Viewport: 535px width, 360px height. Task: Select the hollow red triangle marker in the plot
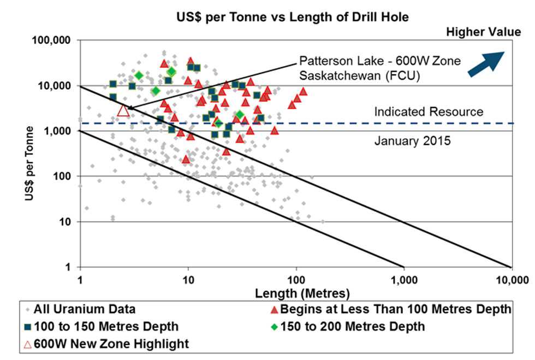point(123,111)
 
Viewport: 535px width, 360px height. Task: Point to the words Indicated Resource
point(429,112)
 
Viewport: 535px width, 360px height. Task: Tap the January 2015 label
point(412,141)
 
